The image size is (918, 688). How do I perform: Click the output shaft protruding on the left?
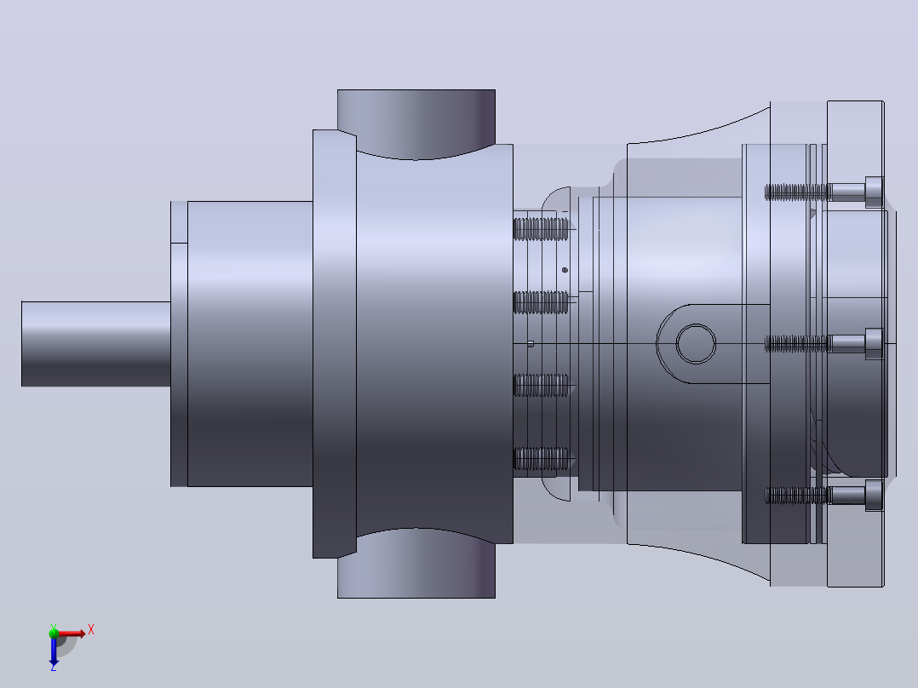click(96, 344)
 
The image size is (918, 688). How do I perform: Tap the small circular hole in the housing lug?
click(696, 344)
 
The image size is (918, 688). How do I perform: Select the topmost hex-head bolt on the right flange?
click(824, 192)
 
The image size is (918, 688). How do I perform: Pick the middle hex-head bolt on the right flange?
click(824, 344)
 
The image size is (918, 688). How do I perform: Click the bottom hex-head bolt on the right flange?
click(824, 496)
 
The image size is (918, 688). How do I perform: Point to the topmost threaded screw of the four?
click(541, 229)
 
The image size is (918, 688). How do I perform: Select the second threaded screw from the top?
click(541, 302)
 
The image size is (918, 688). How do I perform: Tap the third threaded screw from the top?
click(541, 385)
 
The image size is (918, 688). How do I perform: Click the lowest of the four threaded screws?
click(541, 458)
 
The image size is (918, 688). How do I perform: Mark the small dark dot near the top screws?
click(565, 270)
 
